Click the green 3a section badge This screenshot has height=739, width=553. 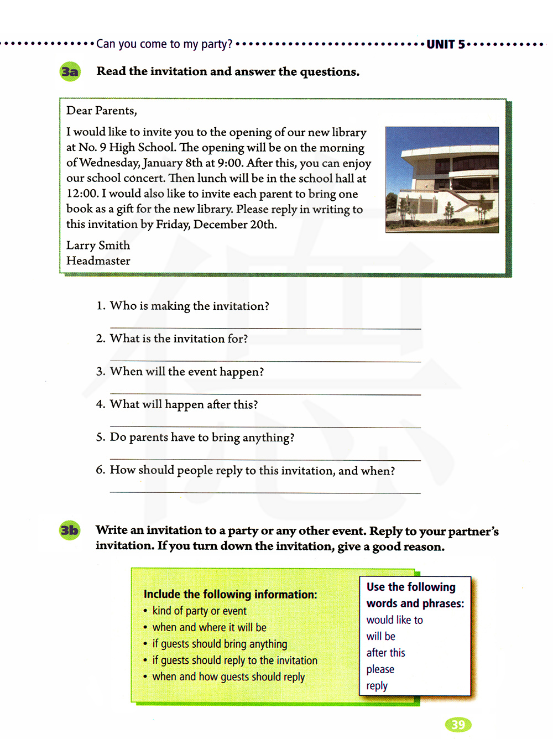[x=70, y=72]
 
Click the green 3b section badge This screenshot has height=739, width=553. [x=70, y=530]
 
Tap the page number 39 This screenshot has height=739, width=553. [x=458, y=725]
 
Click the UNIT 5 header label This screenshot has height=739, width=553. [x=446, y=44]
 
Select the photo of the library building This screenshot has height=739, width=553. [x=442, y=180]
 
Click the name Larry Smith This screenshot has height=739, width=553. [x=98, y=246]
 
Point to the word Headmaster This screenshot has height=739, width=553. [x=98, y=261]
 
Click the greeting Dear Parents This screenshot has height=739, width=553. [x=101, y=111]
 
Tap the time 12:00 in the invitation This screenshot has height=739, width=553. [x=82, y=194]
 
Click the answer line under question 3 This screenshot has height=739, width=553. [x=265, y=394]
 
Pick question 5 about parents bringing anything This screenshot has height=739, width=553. [x=202, y=438]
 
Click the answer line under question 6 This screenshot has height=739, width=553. [x=265, y=492]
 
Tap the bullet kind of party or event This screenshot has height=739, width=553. [x=199, y=611]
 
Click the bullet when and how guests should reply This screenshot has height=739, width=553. [x=228, y=677]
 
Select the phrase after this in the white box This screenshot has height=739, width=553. [x=385, y=653]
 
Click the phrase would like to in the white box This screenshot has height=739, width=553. [x=394, y=621]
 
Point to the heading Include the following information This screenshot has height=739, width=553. [x=230, y=595]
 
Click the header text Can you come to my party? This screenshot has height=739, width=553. [x=164, y=44]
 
